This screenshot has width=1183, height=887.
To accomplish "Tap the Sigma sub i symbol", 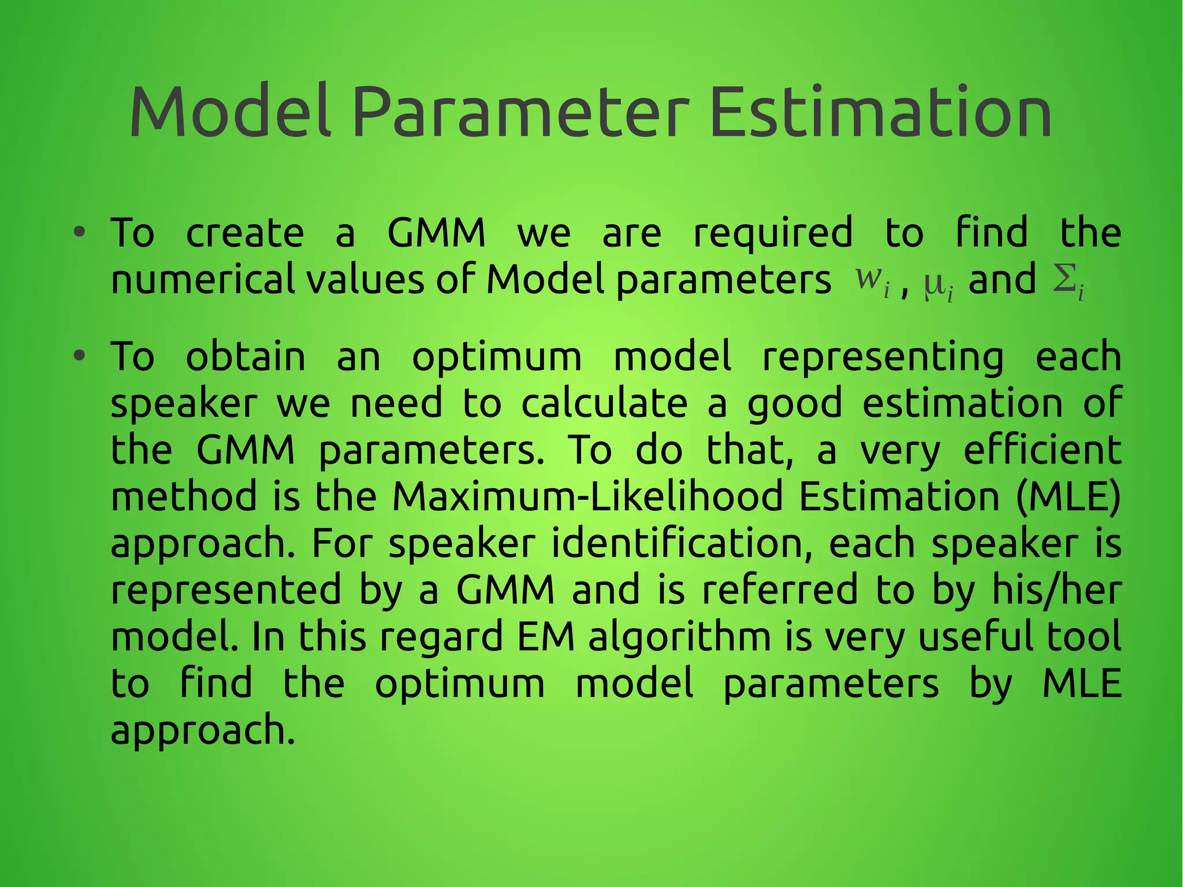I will click(x=1068, y=282).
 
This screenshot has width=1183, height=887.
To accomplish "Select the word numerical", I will click(x=202, y=280).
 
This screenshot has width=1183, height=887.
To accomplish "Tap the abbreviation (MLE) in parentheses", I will click(x=1068, y=496).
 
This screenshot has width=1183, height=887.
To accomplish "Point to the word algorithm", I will click(x=680, y=638).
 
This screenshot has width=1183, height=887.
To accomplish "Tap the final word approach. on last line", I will click(x=203, y=732).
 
